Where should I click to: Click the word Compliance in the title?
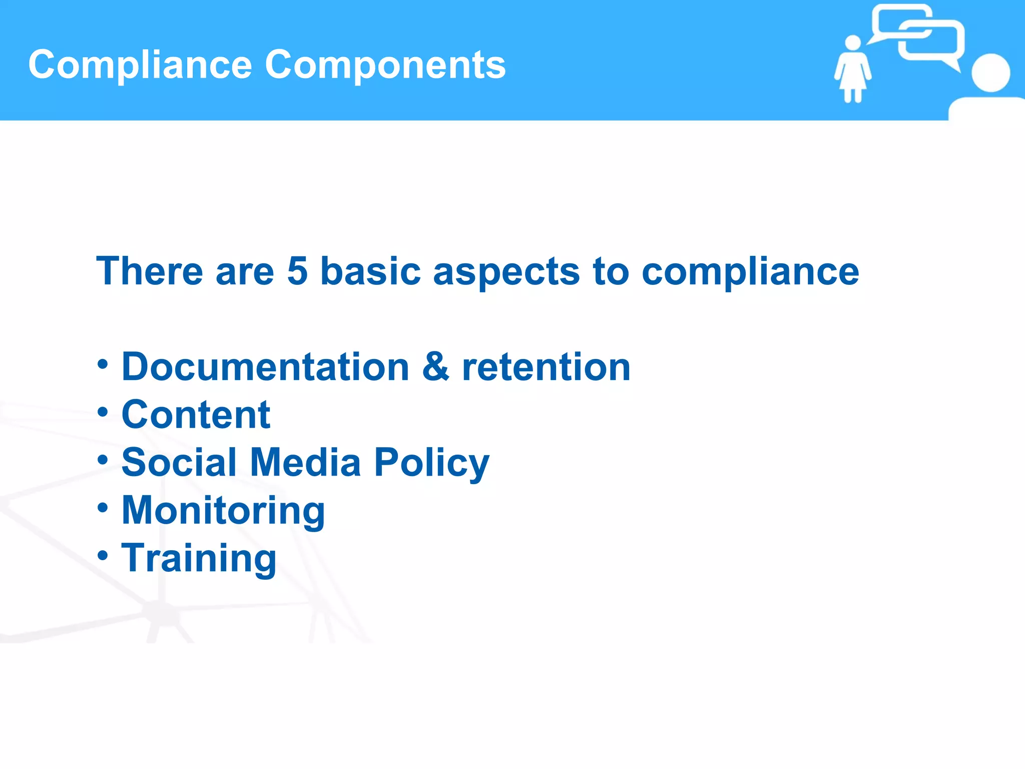140,65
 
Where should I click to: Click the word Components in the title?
385,65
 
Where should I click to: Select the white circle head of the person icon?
990,73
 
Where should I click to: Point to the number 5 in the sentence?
297,271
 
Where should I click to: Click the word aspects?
506,271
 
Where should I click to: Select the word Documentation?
265,366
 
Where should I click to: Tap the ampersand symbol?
435,366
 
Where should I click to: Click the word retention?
546,366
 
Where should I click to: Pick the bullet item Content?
196,415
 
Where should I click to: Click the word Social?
179,462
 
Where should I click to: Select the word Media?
305,462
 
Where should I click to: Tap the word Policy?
431,462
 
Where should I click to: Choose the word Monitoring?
223,510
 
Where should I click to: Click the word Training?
199,558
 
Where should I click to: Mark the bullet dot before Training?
103,555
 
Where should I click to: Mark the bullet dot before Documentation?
103,364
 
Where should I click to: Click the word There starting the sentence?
149,271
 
